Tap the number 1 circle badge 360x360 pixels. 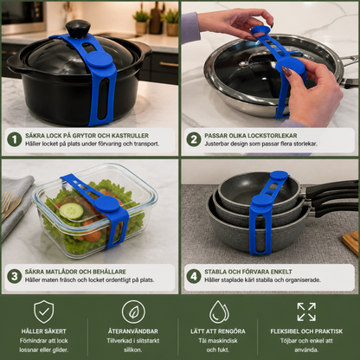click(15, 139)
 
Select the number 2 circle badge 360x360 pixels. click(194, 139)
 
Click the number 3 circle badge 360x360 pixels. click(15, 276)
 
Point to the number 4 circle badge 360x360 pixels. click(194, 276)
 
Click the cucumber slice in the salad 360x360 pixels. click(72, 211)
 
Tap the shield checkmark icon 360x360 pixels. click(44, 312)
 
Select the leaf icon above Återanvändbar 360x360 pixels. click(133, 312)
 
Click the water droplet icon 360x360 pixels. click(219, 312)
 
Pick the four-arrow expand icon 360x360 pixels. click(306, 312)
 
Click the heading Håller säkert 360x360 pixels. click(44, 331)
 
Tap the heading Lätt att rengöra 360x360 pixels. click(218, 331)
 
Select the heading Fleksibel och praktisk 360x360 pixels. click(306, 331)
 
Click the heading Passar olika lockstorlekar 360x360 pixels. click(251, 136)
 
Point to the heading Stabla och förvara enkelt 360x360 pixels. click(248, 272)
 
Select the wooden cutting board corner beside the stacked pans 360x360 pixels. click(351, 242)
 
